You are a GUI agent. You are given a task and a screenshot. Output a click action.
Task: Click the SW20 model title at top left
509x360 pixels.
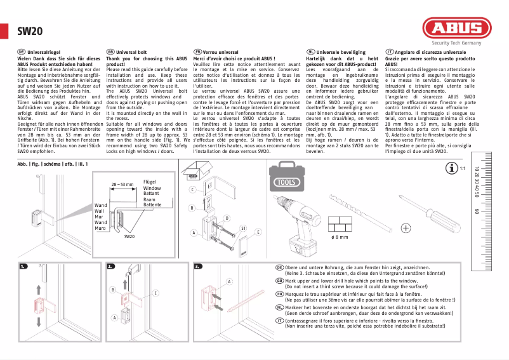coord(29,30)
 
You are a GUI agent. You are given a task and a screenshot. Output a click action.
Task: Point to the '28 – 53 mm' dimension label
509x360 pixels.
coord(122,184)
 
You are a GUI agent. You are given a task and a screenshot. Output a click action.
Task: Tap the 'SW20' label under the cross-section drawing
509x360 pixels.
coord(129,236)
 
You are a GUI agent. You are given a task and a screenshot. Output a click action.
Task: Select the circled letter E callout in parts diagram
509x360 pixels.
coord(258,233)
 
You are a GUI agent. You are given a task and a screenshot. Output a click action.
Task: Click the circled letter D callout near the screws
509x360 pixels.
coord(227,218)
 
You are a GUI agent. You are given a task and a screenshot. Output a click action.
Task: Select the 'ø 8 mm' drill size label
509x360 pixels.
coord(340,237)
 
